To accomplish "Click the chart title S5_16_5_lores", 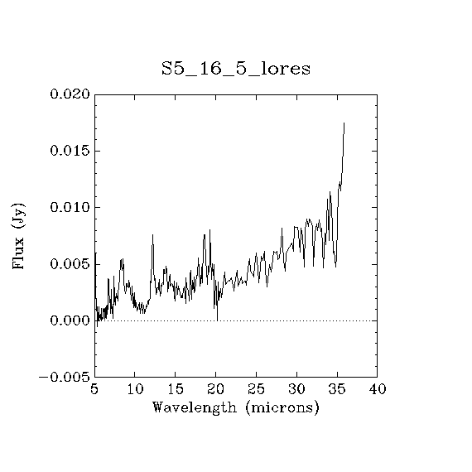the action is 236,69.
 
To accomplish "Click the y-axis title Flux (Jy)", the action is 18,236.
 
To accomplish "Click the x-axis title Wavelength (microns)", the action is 236,408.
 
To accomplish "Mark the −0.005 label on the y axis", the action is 65,377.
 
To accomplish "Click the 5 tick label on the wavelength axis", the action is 94,389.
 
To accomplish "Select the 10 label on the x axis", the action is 135,389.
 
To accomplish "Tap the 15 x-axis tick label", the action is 176,389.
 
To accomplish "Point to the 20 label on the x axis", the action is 216,389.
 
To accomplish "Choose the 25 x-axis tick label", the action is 256,389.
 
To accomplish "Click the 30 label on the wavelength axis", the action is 296,389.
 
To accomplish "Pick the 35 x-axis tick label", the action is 337,389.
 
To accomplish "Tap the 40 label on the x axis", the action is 378,389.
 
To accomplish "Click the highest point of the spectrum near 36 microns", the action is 344,123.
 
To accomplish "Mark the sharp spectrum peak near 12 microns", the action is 152,234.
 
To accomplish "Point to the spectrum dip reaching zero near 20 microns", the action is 217,320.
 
